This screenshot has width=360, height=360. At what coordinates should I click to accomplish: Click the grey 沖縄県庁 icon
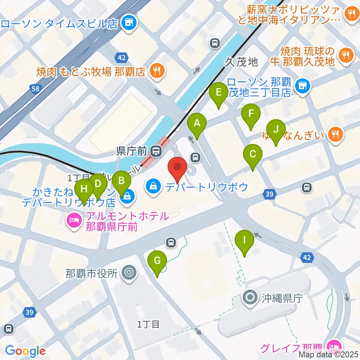(x=250, y=298)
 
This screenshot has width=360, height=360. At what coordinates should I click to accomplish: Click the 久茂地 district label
(x=242, y=62)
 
